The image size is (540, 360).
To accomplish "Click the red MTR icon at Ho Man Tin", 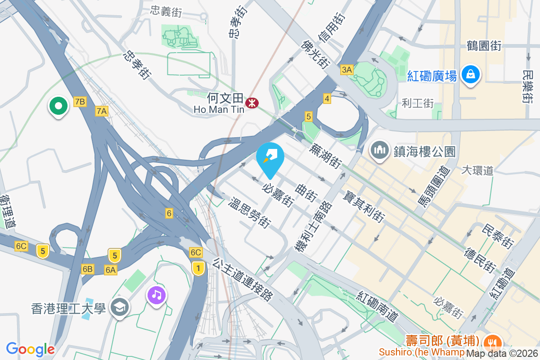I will (251, 104).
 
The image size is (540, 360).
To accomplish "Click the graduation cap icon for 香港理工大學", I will (120, 308).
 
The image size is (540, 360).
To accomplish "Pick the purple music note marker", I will (156, 296).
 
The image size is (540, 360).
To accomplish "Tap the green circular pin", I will (58, 106).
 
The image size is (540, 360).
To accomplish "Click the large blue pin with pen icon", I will (270, 159).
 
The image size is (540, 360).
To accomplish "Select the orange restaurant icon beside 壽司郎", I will (493, 342).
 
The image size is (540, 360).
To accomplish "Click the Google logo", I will (30, 349).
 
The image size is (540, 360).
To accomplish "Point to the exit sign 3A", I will (347, 69).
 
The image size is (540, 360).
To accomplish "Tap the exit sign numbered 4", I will (327, 98).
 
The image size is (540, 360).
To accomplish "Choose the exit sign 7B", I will (80, 101).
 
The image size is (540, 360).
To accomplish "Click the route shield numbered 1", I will (198, 268).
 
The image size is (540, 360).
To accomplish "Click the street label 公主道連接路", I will (243, 279).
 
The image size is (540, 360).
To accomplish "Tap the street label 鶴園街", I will (484, 45).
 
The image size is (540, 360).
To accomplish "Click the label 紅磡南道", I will (378, 306).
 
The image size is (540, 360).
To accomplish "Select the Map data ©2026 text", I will (502, 354).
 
